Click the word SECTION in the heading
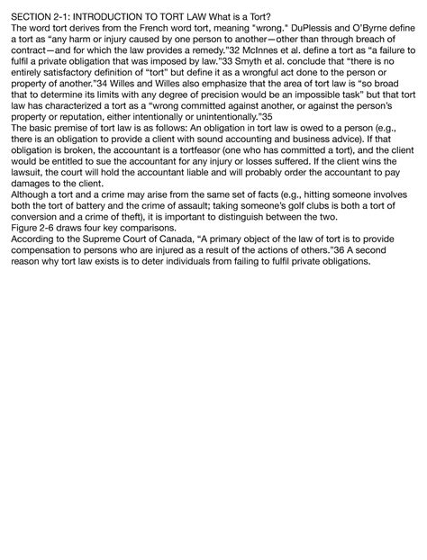tap(26, 17)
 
